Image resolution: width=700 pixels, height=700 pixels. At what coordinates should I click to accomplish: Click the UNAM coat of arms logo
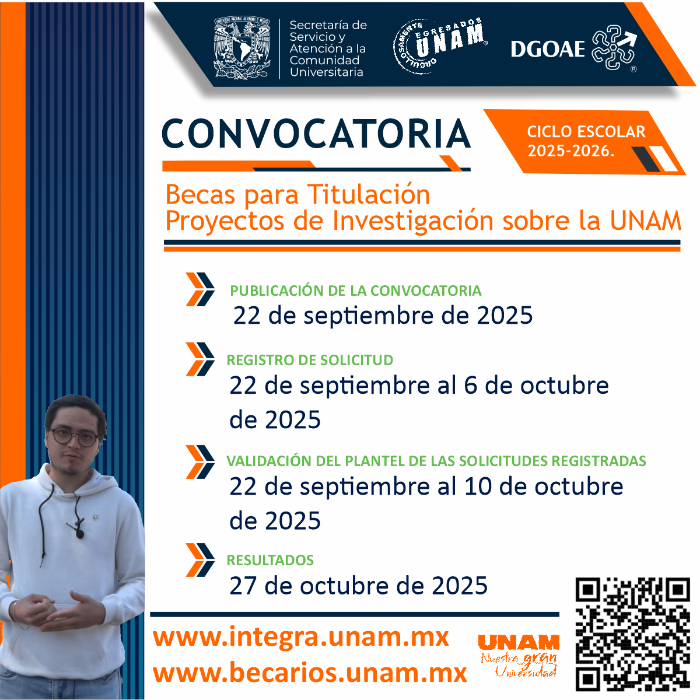coord(243,48)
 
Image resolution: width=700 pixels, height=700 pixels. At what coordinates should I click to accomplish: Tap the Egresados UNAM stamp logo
coord(440,45)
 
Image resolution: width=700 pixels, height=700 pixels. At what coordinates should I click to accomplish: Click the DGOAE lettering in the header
coord(547,48)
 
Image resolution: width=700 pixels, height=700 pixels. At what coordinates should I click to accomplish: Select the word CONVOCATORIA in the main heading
coord(316,134)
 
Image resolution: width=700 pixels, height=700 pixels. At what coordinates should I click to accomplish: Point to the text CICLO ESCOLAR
coord(586,131)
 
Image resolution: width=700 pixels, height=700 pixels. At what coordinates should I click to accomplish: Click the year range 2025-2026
coord(571,150)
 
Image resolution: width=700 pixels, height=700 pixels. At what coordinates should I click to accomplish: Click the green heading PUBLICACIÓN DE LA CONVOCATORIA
coord(355,290)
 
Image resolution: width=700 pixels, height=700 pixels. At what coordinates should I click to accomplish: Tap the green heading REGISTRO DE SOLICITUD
coord(310,360)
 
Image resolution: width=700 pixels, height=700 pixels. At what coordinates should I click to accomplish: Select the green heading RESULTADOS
coord(270,560)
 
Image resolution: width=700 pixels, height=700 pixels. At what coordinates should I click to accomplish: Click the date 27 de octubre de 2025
coord(358,586)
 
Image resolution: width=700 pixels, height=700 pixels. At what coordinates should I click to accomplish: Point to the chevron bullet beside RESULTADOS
coord(200,560)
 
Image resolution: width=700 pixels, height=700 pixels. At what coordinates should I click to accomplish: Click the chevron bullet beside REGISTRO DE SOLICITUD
coord(200,359)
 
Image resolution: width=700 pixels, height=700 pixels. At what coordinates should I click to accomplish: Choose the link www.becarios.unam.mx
coord(310,673)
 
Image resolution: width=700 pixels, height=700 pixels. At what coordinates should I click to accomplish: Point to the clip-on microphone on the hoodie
coord(79,531)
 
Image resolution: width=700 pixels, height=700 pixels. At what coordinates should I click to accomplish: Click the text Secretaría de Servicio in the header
coord(328,31)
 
